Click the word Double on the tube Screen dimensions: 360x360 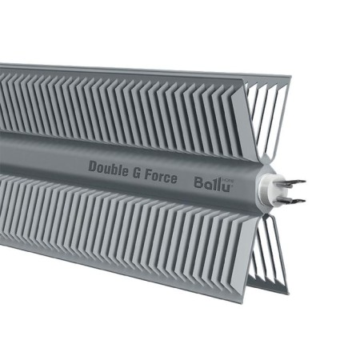[x=108, y=167]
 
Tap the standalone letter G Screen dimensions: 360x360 [x=138, y=170]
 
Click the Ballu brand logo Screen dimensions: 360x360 [x=210, y=182]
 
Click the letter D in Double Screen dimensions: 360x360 [x=93, y=166]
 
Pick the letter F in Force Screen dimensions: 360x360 [x=150, y=171]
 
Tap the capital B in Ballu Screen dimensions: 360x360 [x=198, y=182]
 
